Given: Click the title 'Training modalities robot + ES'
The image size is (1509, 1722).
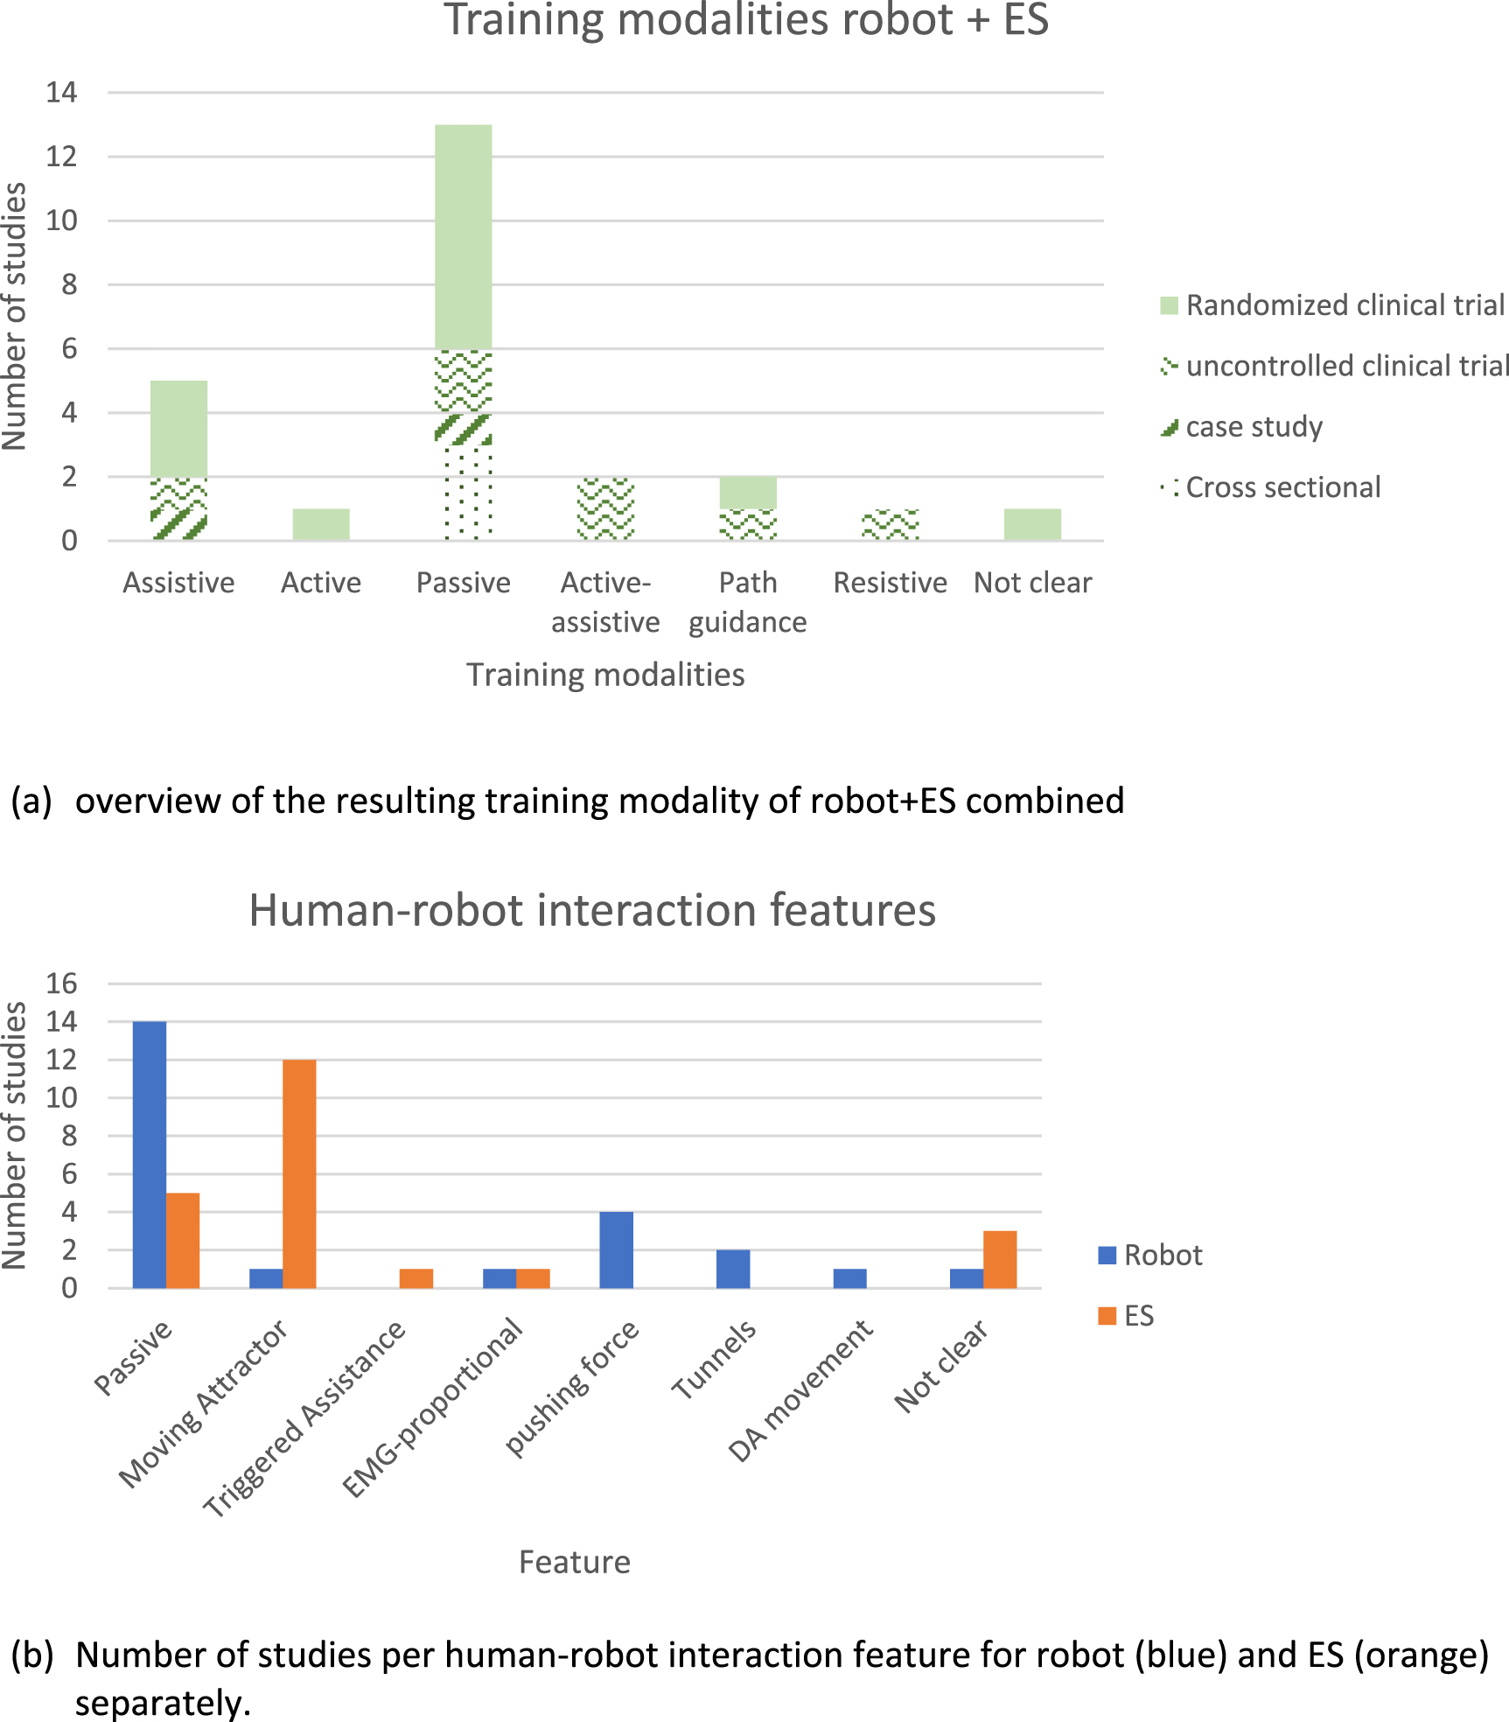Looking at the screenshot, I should [746, 21].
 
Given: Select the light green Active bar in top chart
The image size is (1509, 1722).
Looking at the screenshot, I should [321, 524].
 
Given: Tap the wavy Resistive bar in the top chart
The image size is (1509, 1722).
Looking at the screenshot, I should [890, 525].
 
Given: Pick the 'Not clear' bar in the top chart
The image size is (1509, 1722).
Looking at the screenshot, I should [1032, 524].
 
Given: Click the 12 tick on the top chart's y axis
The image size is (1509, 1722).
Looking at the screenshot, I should [61, 157].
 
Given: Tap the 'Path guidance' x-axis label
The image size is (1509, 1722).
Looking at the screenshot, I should [748, 602].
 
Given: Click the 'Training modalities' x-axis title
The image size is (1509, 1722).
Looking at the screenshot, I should [605, 675].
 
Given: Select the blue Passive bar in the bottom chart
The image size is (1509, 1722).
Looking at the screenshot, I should [150, 1154].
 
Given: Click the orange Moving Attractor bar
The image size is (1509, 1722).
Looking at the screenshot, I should [300, 1173].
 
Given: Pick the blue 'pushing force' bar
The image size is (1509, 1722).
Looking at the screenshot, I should [616, 1249].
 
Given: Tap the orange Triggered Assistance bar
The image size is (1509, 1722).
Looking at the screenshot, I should [416, 1278].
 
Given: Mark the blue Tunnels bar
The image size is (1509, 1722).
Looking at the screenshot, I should [733, 1269].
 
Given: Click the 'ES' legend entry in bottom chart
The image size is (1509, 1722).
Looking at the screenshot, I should [1138, 1316].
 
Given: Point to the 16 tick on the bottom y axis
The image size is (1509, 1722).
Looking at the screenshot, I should [61, 983].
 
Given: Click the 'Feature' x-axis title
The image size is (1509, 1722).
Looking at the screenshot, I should [575, 1562].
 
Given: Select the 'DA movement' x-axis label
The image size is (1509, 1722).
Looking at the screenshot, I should [800, 1390].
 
